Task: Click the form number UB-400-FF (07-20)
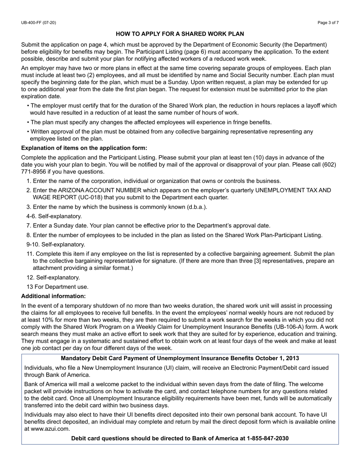[x=38, y=23]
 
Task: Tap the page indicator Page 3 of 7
[x=328, y=23]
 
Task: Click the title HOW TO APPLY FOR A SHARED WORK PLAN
[x=180, y=34]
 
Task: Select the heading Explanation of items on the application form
[x=84, y=148]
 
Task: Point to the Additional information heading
[x=53, y=296]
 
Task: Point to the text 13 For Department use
[x=57, y=287]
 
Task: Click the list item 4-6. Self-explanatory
[x=54, y=216]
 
